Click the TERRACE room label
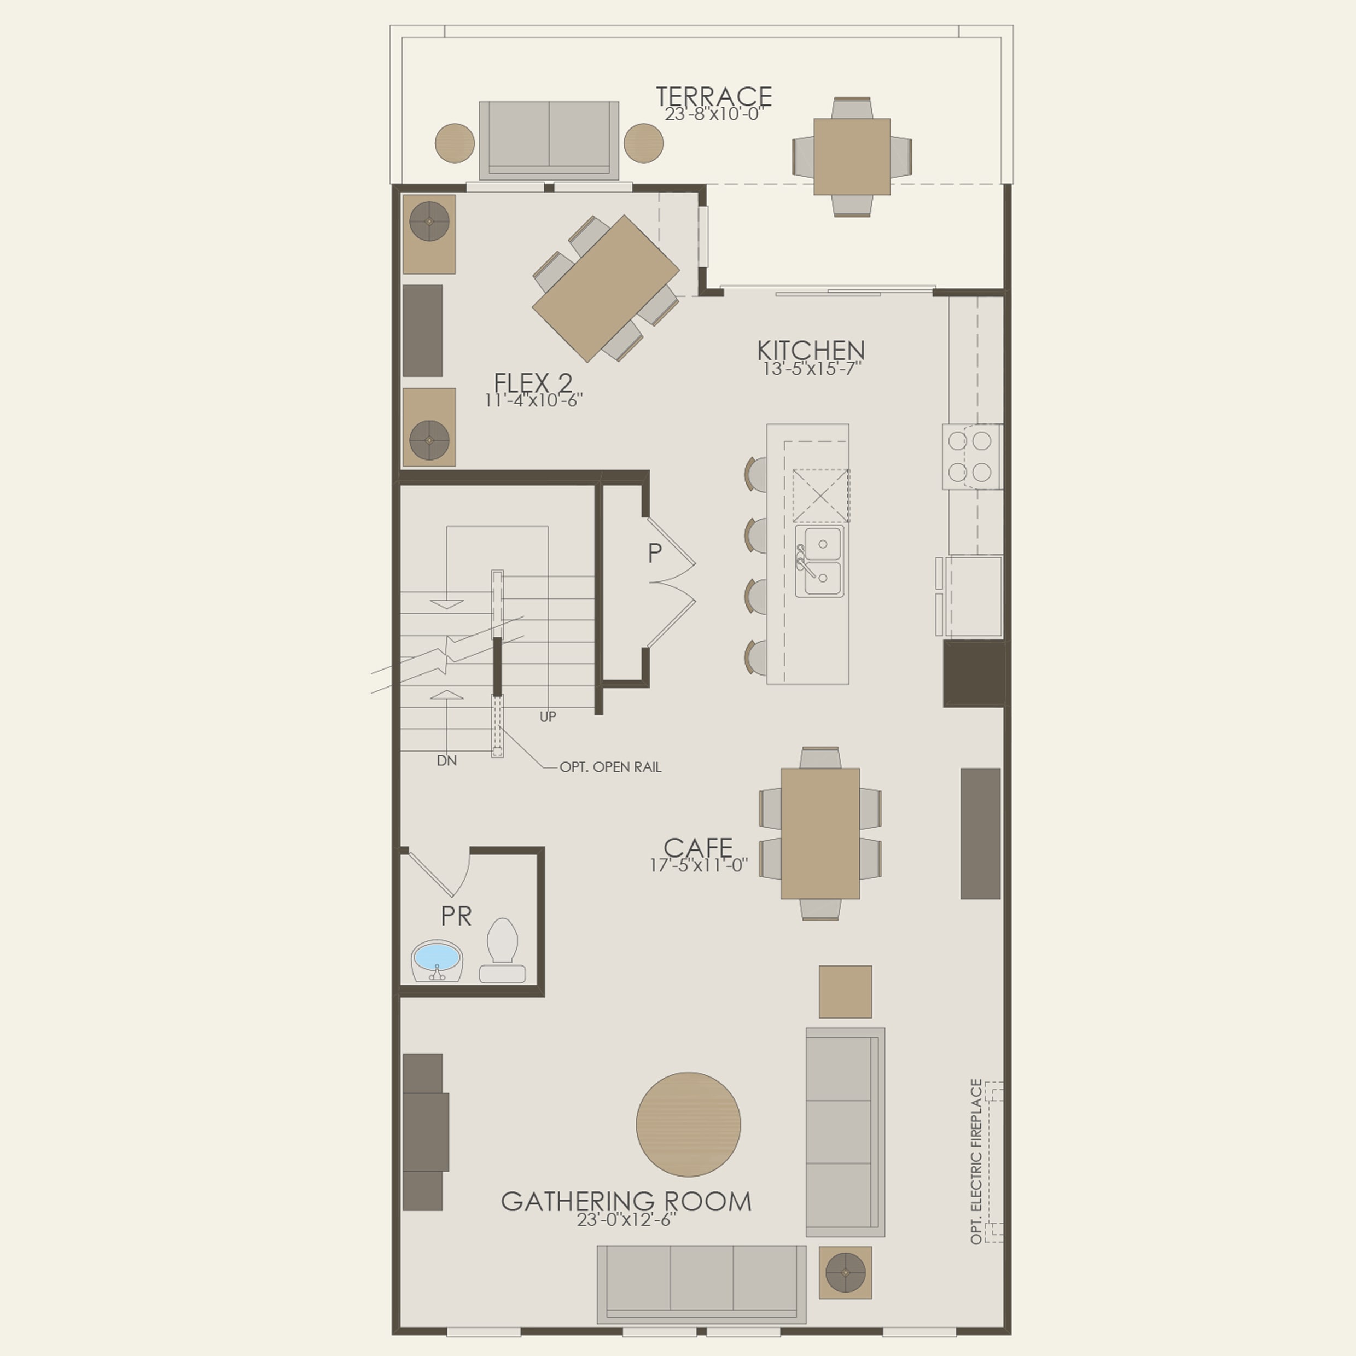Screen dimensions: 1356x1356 [714, 96]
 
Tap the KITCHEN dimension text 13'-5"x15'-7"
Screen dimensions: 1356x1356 [811, 369]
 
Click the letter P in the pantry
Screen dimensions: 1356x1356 [654, 553]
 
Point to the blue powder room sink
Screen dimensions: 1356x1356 [437, 957]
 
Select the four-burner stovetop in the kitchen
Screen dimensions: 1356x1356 [971, 456]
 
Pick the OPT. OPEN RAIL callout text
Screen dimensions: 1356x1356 [610, 767]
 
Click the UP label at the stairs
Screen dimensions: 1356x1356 [548, 717]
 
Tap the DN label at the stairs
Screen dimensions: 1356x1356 [446, 761]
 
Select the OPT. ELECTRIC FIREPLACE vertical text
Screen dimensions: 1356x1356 [976, 1162]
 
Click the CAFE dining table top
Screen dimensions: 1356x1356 [820, 833]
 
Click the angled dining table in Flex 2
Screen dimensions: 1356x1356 [605, 288]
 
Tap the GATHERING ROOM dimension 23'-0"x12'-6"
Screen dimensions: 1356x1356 [626, 1219]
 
